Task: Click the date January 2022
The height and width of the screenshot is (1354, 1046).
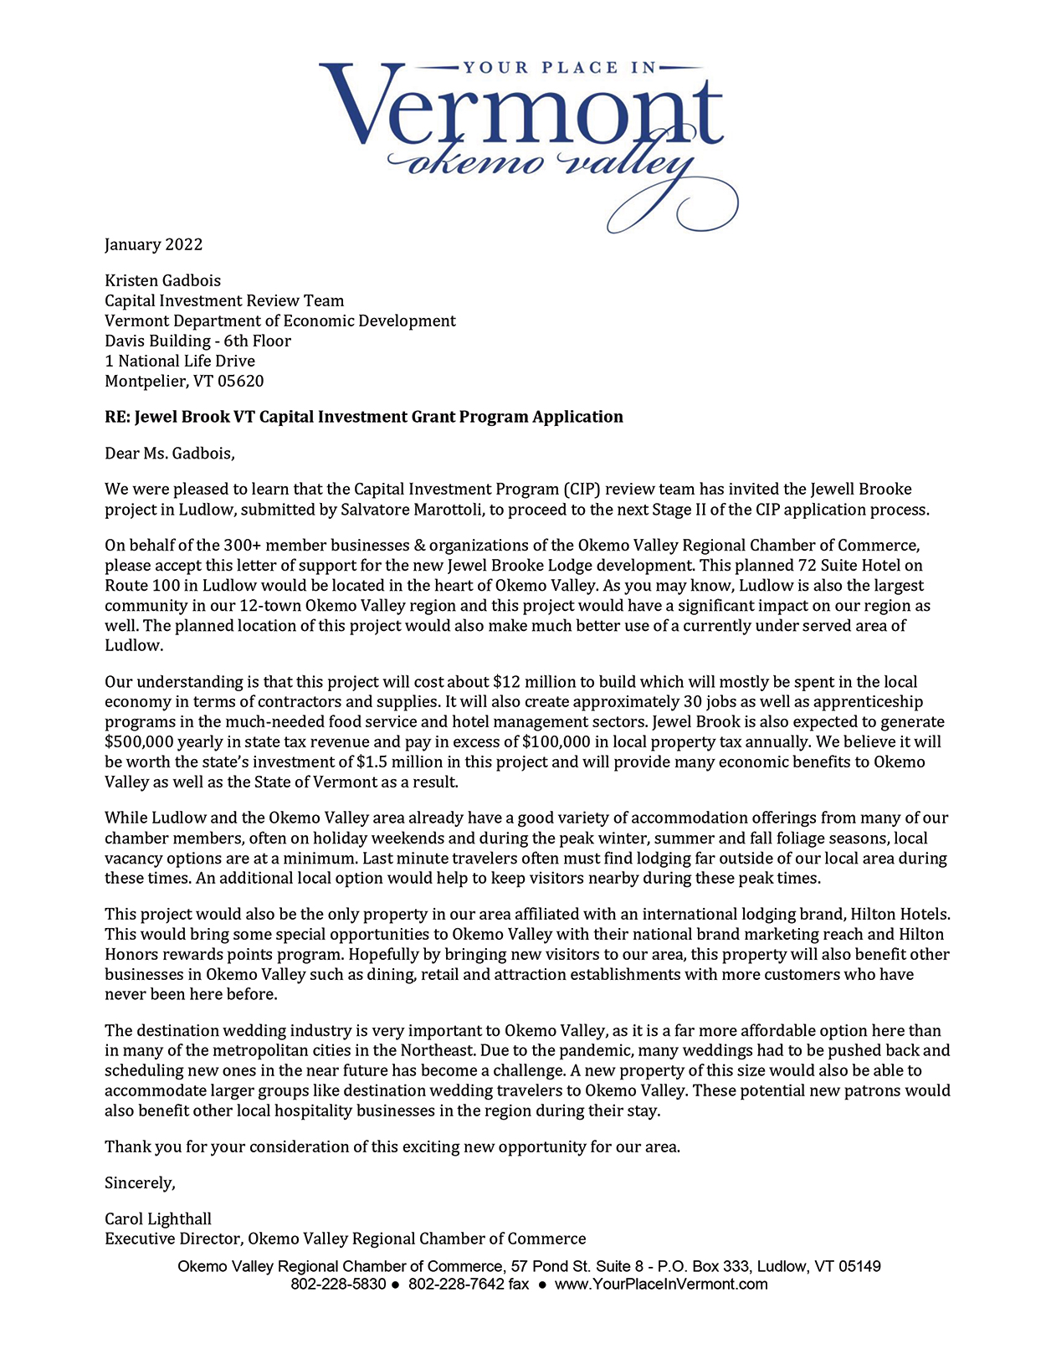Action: [x=153, y=244]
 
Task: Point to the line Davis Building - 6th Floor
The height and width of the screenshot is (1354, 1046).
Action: [x=197, y=341]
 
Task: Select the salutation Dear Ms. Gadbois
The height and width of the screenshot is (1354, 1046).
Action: [x=169, y=454]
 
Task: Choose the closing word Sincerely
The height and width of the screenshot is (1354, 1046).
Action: [x=140, y=1183]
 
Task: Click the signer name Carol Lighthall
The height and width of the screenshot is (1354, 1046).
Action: [x=158, y=1219]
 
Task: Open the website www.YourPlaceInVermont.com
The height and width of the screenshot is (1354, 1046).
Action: [x=661, y=1285]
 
